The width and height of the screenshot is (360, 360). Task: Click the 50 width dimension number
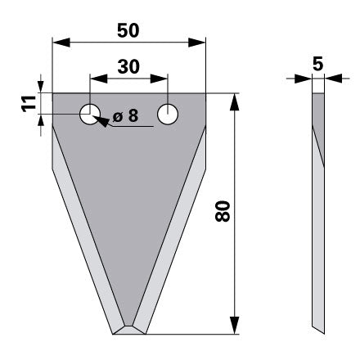pos(128,30)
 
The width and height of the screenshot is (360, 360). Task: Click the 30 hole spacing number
pos(128,67)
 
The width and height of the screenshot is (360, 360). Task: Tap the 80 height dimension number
pos(223,211)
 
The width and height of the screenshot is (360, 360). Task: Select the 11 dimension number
pos(29,104)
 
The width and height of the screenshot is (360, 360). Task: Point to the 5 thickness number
pos(318,64)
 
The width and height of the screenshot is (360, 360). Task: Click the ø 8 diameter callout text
pos(125,115)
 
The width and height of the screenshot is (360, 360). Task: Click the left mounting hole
pos(90,115)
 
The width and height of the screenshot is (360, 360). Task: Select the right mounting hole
pos(168,115)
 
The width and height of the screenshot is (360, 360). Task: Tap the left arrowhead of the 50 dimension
pos(61,43)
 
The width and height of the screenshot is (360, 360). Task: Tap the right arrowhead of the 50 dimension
pos(196,43)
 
